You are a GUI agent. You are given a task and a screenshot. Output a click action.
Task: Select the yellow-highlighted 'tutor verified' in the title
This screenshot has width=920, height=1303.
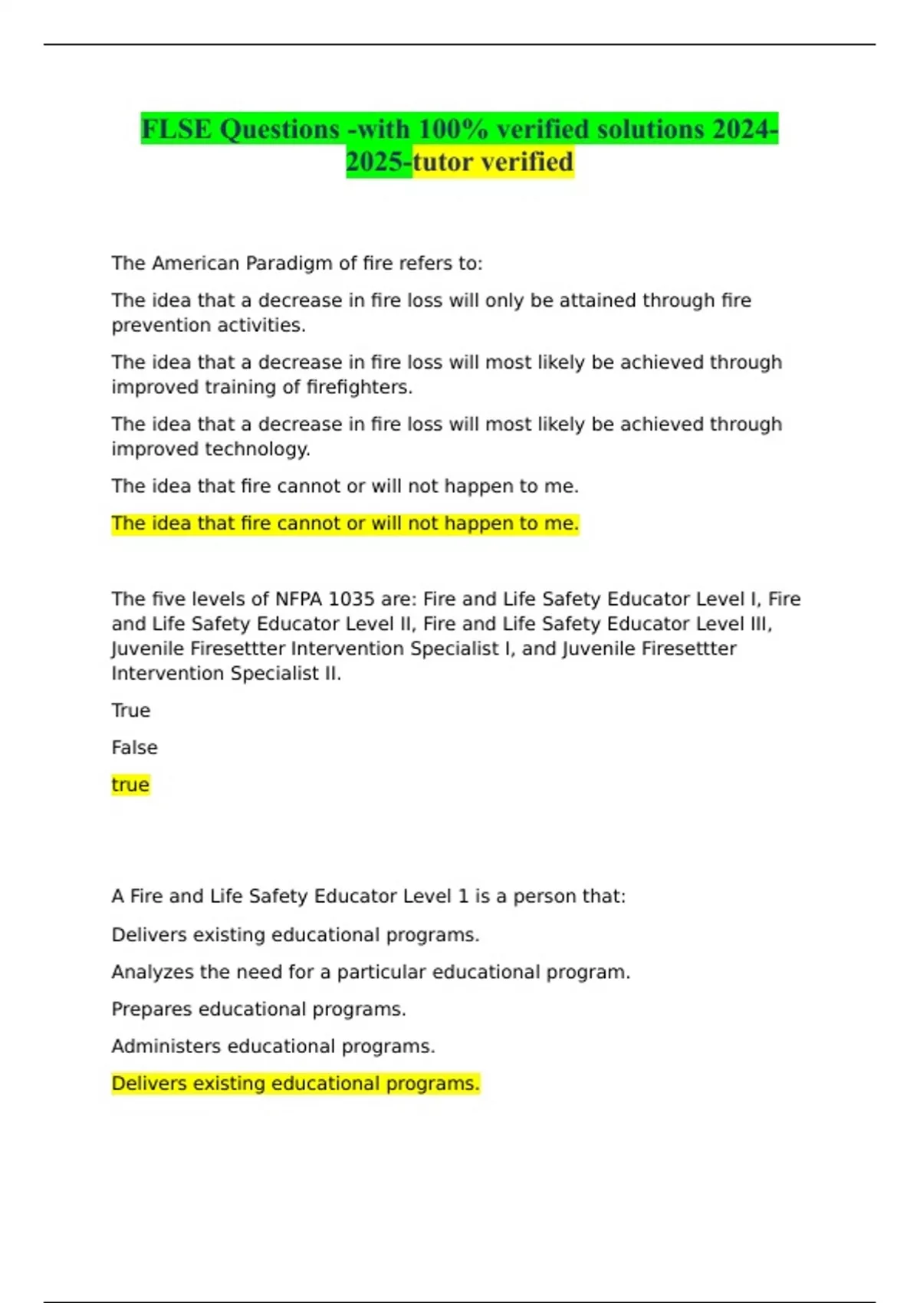click(493, 162)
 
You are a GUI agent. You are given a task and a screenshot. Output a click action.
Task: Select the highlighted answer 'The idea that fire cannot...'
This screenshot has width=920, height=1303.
click(345, 523)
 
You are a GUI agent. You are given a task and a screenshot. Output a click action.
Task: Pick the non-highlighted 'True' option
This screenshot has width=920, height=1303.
click(131, 711)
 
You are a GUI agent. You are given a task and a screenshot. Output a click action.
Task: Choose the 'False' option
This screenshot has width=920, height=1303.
click(134, 747)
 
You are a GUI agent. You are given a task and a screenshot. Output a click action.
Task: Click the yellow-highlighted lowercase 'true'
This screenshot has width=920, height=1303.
click(130, 785)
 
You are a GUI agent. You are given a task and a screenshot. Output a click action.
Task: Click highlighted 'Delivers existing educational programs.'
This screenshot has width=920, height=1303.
click(295, 1084)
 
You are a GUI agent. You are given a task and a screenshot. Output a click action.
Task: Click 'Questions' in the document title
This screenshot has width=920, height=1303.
click(279, 129)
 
